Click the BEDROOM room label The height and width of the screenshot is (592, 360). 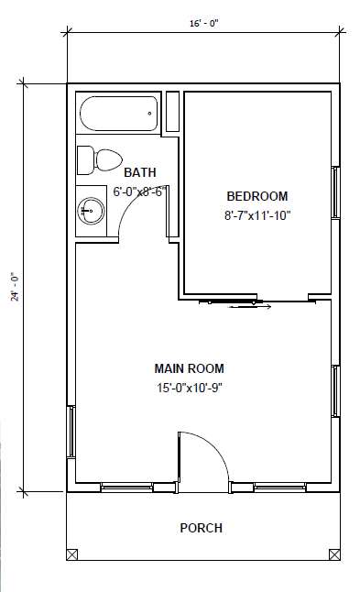click(257, 196)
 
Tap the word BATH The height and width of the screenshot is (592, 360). click(139, 172)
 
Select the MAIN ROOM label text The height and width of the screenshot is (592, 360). click(189, 368)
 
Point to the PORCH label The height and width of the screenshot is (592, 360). click(202, 528)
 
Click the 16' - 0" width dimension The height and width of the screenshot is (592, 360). click(204, 24)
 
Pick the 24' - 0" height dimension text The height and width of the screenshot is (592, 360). click(15, 287)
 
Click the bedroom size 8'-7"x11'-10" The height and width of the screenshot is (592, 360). click(257, 215)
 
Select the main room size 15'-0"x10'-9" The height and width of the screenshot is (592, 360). click(189, 388)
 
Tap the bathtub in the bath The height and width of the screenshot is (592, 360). click(119, 114)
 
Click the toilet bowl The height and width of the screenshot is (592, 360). click(108, 159)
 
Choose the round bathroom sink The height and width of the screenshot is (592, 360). click(91, 210)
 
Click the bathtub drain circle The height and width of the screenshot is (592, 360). click(150, 114)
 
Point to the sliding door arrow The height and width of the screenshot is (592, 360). click(250, 307)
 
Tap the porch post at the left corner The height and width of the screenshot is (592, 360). click(72, 554)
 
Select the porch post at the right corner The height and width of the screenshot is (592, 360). click(334, 554)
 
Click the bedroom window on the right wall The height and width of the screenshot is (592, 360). click(335, 192)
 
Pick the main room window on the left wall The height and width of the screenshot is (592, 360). click(71, 432)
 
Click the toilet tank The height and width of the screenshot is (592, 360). click(85, 160)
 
